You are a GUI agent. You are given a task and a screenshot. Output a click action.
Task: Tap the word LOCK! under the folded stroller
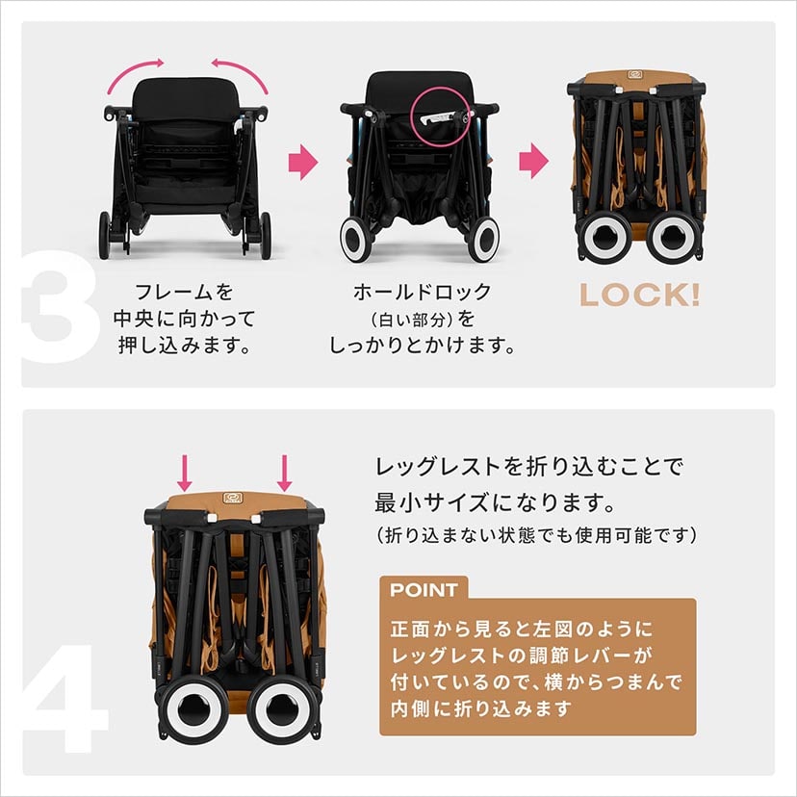[638, 296]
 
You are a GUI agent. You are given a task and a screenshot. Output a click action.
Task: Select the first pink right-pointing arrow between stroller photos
[303, 162]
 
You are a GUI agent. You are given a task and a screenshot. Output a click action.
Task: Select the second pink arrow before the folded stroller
[532, 162]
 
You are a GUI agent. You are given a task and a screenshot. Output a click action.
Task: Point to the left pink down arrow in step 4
[187, 472]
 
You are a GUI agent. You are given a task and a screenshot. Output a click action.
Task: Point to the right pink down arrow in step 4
[284, 472]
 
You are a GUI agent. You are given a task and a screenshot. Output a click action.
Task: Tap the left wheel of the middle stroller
[354, 237]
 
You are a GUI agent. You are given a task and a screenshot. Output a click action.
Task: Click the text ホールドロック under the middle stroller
[423, 292]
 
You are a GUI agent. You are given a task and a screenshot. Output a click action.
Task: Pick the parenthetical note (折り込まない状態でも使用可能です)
[535, 533]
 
